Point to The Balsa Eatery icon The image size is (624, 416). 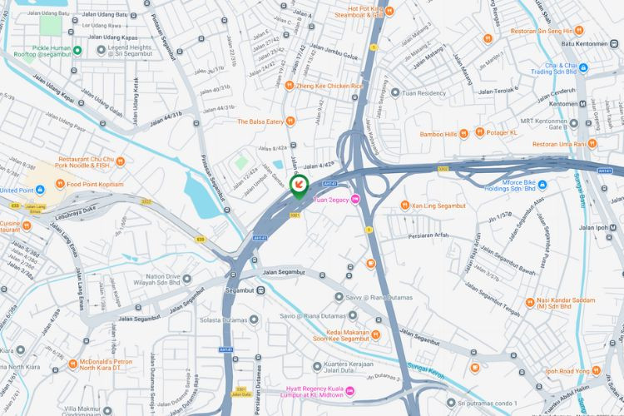(290, 121)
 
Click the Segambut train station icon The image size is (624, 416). (261, 290)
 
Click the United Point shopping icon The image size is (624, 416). (7, 190)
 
